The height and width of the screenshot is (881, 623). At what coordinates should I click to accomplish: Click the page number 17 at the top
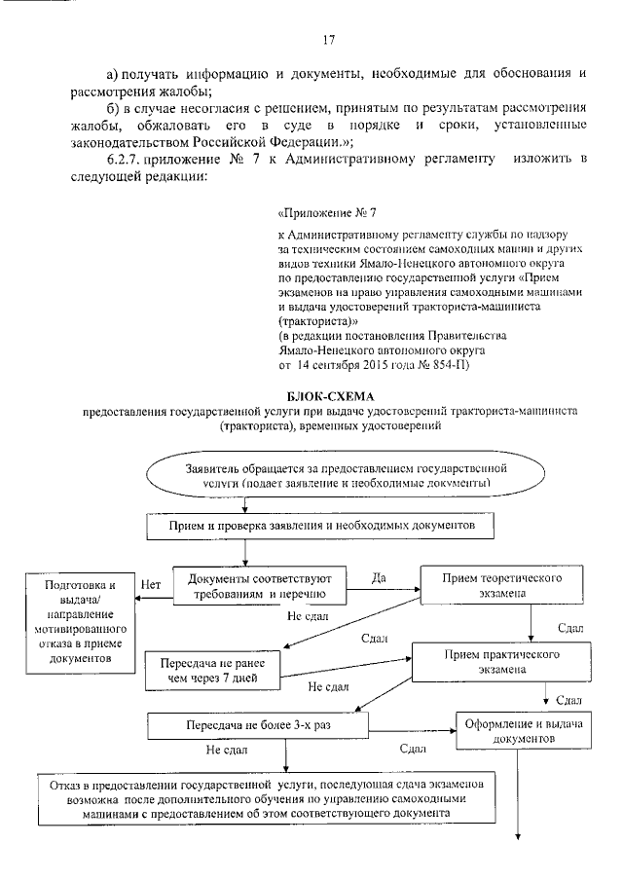pos(328,40)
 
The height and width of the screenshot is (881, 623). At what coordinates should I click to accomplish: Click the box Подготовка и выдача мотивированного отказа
pos(80,622)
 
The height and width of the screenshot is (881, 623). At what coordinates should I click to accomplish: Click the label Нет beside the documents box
pos(151,585)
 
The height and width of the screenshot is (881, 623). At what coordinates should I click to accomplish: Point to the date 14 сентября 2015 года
pos(353,365)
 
